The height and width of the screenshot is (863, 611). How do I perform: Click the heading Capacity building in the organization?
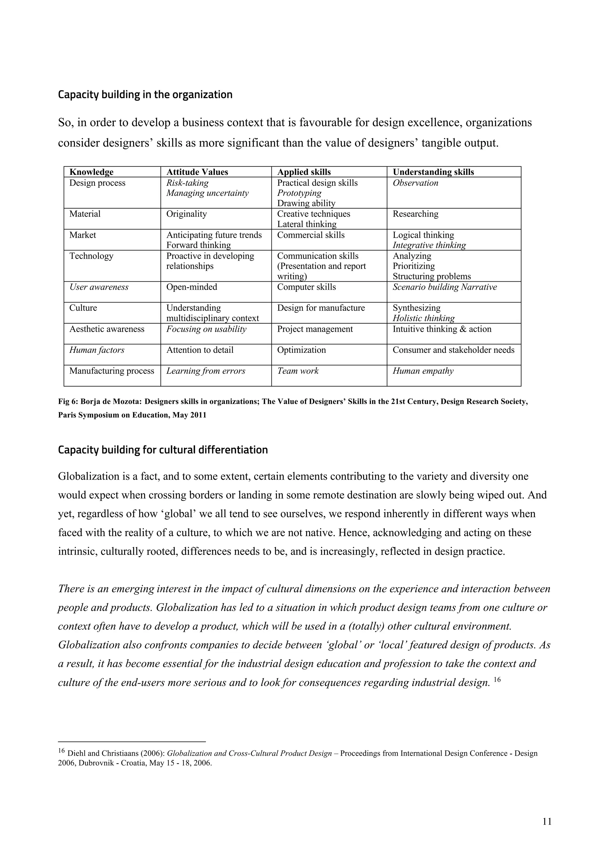click(x=145, y=95)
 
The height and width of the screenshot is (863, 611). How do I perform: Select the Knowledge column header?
click(x=91, y=172)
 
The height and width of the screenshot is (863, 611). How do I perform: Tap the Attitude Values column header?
click(x=197, y=172)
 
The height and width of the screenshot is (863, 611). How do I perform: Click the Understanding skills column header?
click(x=433, y=172)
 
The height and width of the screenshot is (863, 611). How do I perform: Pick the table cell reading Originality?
click(x=186, y=214)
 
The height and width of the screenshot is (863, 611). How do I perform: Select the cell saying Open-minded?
click(x=192, y=287)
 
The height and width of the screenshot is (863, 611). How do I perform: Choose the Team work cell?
click(x=298, y=371)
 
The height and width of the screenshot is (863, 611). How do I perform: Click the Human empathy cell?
click(x=423, y=371)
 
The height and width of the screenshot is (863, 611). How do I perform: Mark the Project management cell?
click(x=315, y=329)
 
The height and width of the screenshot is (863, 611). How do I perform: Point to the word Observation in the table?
click(x=415, y=183)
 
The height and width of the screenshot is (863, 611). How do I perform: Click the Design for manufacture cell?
click(x=321, y=308)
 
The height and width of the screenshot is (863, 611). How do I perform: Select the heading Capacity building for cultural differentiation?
click(x=163, y=450)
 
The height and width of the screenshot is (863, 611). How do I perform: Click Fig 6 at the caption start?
click(x=68, y=401)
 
